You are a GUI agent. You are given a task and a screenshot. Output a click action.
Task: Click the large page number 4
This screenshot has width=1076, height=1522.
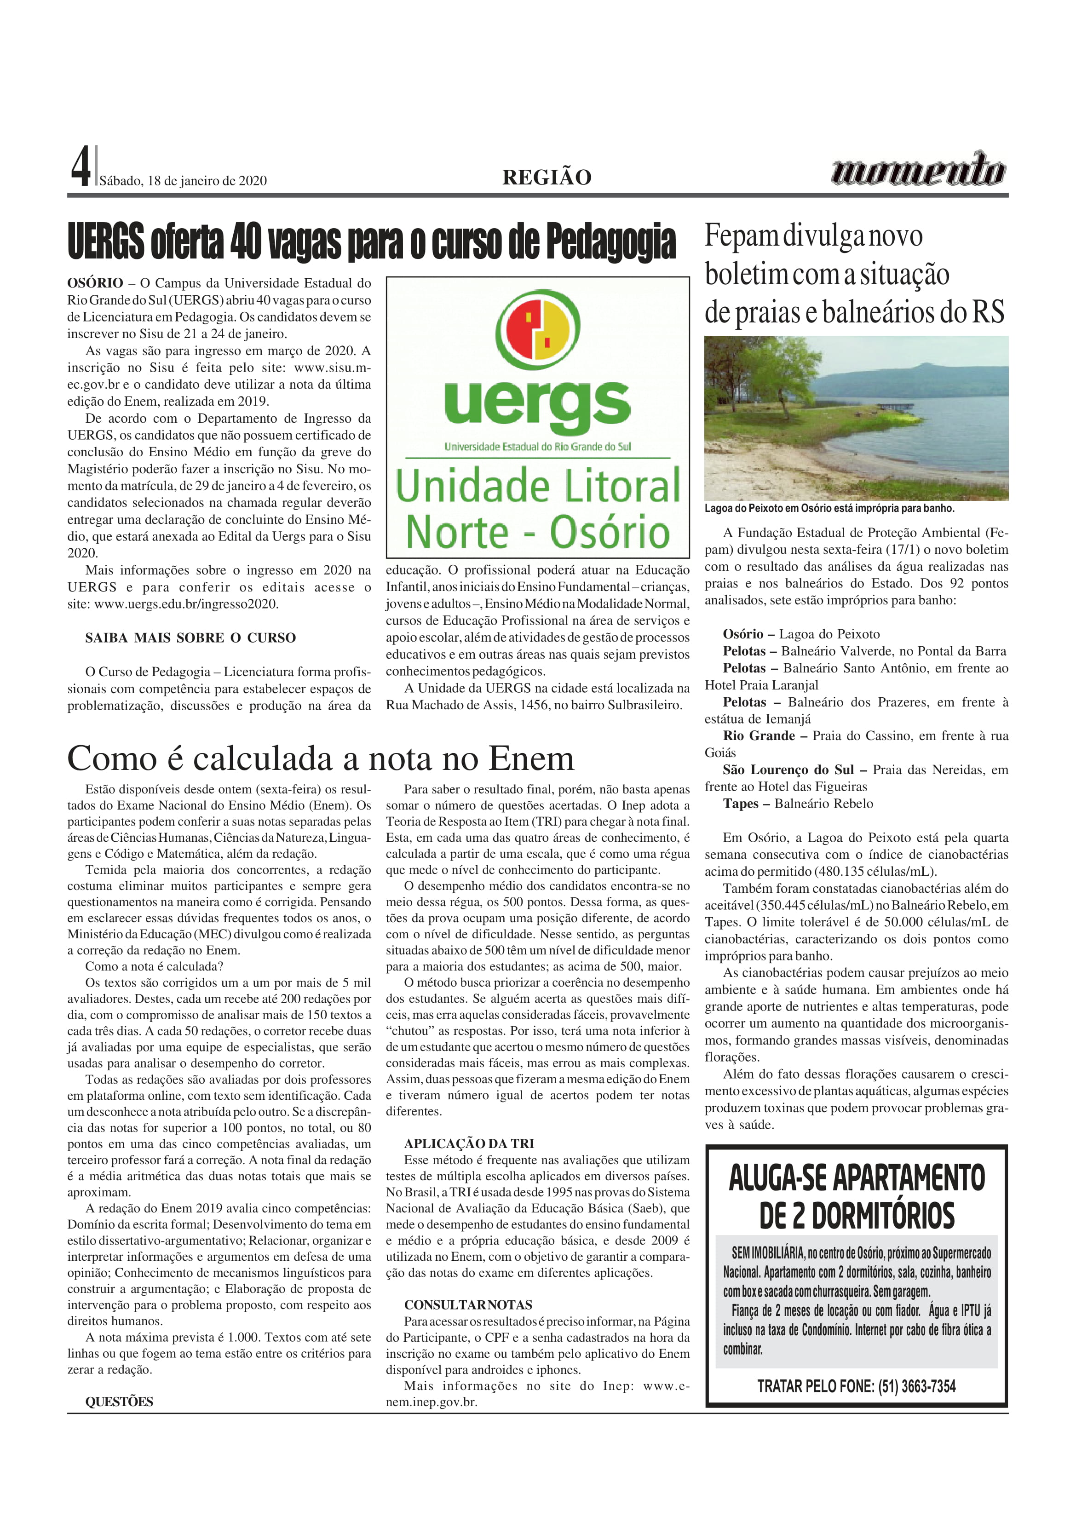(x=80, y=167)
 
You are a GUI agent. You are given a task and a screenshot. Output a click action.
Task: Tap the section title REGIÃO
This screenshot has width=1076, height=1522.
(x=547, y=178)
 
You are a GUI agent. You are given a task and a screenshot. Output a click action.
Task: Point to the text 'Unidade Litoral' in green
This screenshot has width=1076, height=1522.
(x=538, y=486)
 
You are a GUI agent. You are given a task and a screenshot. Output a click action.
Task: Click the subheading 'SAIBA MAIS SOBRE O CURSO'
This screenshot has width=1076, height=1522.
(x=190, y=638)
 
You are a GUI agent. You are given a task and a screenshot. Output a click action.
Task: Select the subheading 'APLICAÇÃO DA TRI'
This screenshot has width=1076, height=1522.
(x=469, y=1143)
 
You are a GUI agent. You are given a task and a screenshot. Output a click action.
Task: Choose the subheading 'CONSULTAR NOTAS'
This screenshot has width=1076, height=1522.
(x=468, y=1304)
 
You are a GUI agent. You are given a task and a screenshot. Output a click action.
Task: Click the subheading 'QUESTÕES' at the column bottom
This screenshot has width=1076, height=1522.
(x=119, y=1402)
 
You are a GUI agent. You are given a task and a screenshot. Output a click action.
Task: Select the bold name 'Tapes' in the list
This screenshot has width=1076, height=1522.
(x=741, y=804)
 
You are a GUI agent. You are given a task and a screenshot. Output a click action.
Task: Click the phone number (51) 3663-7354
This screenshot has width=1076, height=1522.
(x=917, y=1385)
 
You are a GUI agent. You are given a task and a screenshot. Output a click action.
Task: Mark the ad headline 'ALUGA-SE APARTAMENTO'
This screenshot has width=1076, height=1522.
(x=857, y=1178)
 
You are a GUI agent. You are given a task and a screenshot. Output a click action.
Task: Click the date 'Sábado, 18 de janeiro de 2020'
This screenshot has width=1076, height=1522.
(x=183, y=181)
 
